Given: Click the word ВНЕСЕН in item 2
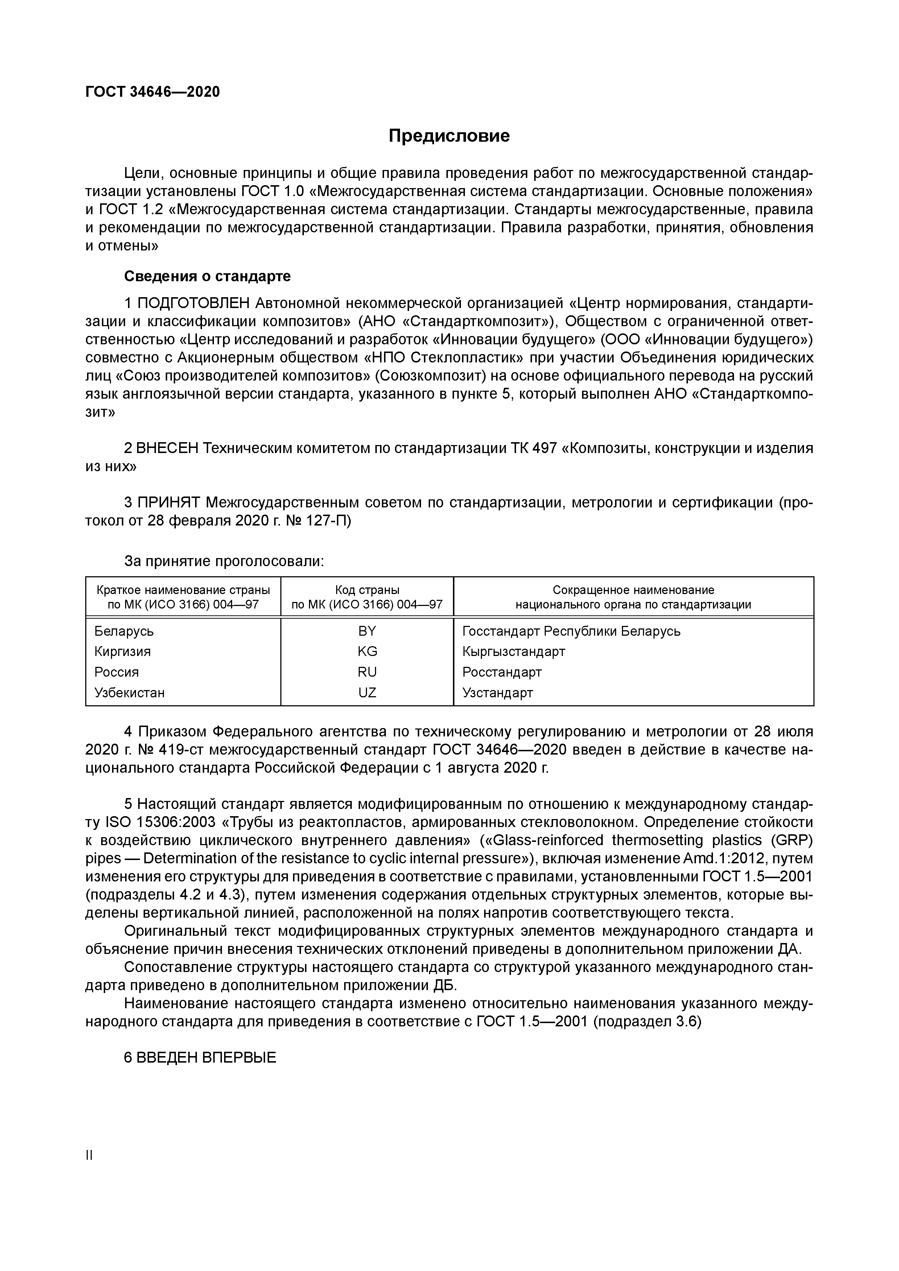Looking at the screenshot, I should [x=167, y=448].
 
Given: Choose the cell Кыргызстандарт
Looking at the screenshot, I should [x=514, y=652].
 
